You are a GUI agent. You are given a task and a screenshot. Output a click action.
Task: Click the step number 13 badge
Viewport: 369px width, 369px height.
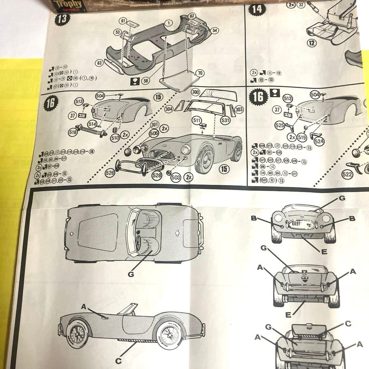[x=63, y=19]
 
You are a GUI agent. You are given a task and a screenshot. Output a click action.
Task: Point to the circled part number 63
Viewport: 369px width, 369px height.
[x=100, y=63]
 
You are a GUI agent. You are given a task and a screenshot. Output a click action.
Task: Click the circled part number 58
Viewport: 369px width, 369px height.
[x=146, y=80]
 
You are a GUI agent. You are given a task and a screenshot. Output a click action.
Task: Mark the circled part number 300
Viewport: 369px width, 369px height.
[x=196, y=93]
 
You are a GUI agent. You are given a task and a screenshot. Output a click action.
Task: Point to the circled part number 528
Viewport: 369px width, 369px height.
[x=157, y=175]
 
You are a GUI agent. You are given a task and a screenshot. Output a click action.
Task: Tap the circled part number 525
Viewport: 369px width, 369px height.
[x=279, y=125]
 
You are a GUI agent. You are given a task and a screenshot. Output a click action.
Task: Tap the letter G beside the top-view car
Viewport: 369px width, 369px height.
[x=132, y=274]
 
